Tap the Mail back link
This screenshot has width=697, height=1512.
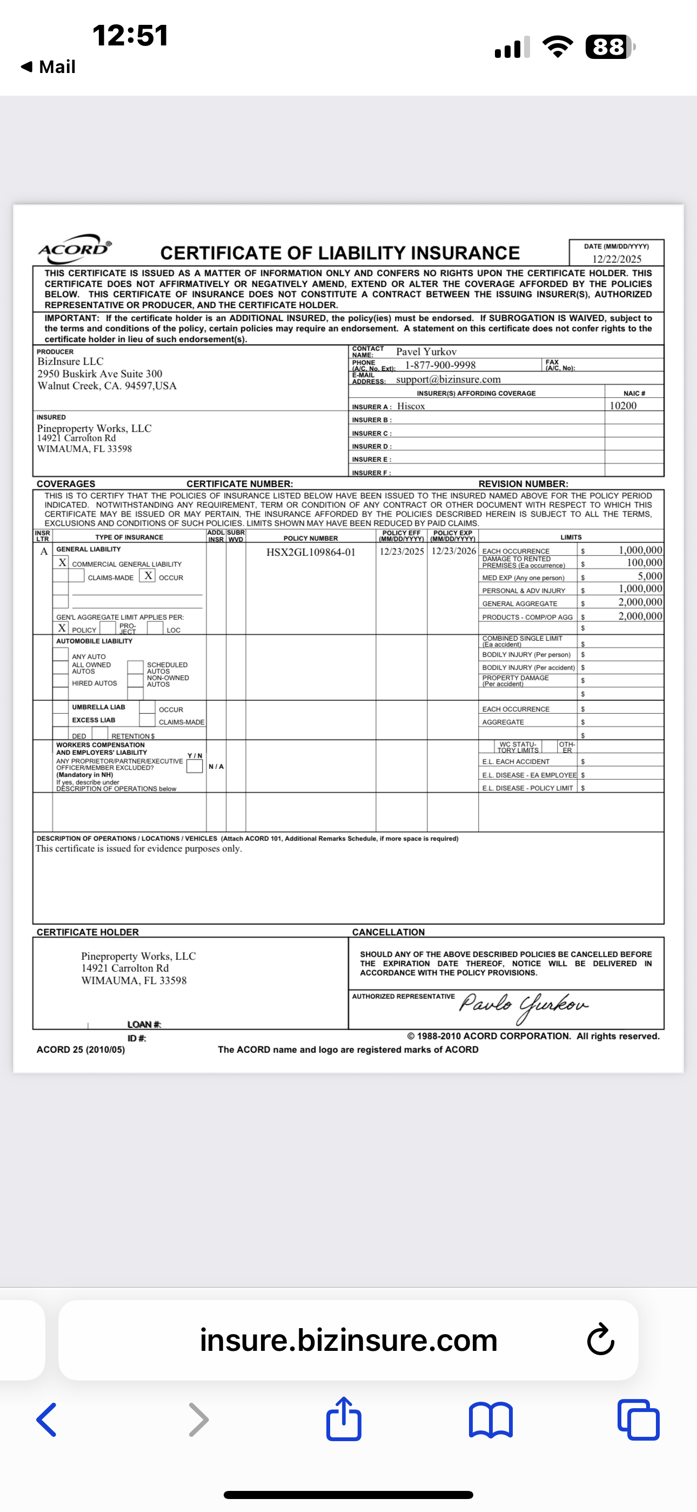(48, 67)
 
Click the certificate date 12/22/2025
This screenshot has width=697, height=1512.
(616, 259)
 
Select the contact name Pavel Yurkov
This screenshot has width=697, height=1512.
(426, 352)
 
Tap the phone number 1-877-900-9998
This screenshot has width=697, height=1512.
(440, 365)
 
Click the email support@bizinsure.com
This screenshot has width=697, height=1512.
(448, 379)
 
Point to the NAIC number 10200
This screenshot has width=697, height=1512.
(622, 406)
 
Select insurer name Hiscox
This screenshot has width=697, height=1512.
(411, 406)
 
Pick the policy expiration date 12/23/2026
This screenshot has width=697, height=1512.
(453, 551)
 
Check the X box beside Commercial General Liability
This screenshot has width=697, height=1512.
(62, 562)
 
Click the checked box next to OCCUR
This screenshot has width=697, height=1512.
(149, 576)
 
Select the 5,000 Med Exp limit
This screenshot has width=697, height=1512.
(649, 576)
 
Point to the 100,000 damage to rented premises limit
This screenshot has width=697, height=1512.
(644, 563)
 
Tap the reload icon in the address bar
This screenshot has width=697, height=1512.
(600, 1340)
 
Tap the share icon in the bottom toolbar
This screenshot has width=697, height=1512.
(344, 1420)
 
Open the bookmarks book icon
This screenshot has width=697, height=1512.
(491, 1421)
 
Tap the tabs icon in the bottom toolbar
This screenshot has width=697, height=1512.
(638, 1421)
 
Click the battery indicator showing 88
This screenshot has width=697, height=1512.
(609, 47)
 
